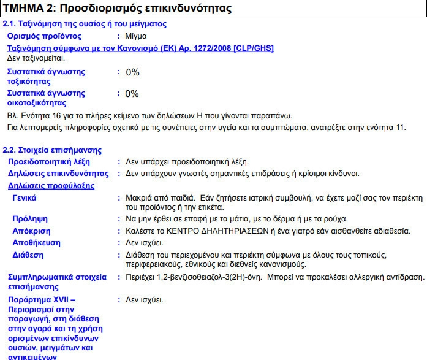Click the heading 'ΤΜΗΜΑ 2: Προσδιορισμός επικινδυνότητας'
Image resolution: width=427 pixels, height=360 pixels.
117,9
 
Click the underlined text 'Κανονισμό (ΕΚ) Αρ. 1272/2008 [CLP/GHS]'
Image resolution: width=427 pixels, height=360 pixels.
202,48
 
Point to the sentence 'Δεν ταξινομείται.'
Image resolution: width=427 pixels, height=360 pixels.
36,58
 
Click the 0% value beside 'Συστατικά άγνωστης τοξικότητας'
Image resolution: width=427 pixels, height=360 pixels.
132,72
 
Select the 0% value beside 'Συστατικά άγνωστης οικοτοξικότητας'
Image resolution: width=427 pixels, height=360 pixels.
132,94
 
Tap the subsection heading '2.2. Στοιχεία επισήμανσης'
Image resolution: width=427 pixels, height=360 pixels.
53,150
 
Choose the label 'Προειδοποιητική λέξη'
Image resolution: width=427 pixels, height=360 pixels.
48,162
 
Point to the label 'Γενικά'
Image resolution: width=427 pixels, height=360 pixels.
25,197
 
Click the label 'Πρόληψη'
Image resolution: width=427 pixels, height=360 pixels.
30,219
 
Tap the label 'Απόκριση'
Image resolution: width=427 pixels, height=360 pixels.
31,231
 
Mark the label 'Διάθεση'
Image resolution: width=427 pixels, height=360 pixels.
28,254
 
